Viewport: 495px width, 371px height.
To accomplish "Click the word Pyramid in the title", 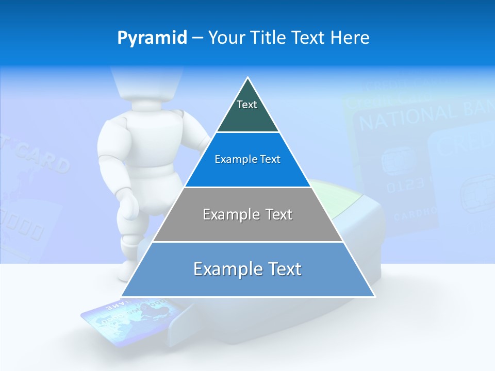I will (x=152, y=38).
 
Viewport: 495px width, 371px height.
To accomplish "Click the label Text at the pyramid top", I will (x=247, y=105).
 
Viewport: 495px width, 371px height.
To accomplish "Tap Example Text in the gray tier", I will (x=247, y=214).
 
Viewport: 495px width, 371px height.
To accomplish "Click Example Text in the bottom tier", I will (x=247, y=269).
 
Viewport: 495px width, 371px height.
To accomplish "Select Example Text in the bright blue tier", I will (x=247, y=159).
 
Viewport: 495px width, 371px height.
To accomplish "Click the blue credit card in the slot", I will (x=129, y=322).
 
